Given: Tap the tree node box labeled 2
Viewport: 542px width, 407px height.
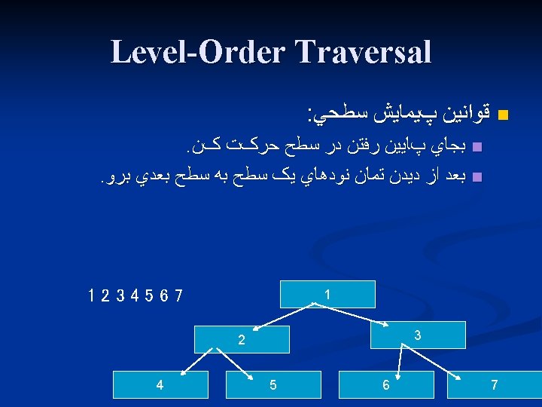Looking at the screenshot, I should (242, 340).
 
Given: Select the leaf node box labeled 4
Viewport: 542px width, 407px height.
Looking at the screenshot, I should (160, 385).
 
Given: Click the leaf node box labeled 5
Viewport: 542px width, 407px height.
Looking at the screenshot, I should (273, 385).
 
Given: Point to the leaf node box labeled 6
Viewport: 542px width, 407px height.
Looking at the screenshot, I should (385, 385).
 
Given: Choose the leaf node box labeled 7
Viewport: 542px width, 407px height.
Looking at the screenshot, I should (494, 385).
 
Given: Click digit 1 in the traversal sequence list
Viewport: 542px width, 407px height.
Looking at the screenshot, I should (90, 295).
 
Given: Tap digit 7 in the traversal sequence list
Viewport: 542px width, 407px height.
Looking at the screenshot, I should (178, 295).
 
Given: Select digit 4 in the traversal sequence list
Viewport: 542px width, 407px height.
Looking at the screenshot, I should (134, 295).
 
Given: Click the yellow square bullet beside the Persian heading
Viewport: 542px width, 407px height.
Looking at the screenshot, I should (504, 116).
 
